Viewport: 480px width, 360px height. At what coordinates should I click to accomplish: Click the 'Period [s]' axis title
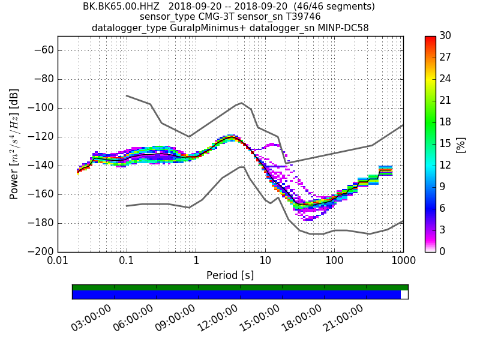pos(230,275)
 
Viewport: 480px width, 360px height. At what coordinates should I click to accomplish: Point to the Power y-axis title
pos(14,144)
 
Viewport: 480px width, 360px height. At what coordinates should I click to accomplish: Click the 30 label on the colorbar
pos(446,36)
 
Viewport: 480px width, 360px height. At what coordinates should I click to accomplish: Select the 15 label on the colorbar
pos(446,143)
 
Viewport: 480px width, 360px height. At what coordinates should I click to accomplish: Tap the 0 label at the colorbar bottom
pos(443,251)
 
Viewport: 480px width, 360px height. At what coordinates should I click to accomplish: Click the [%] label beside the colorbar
pos(461,144)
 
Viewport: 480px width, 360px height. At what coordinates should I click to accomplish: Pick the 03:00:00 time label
pos(91,318)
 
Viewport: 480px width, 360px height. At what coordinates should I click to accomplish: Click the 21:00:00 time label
pos(343,318)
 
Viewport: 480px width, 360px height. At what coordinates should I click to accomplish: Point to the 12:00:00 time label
pos(217,318)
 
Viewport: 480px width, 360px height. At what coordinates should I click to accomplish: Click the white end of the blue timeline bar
pos(404,295)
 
